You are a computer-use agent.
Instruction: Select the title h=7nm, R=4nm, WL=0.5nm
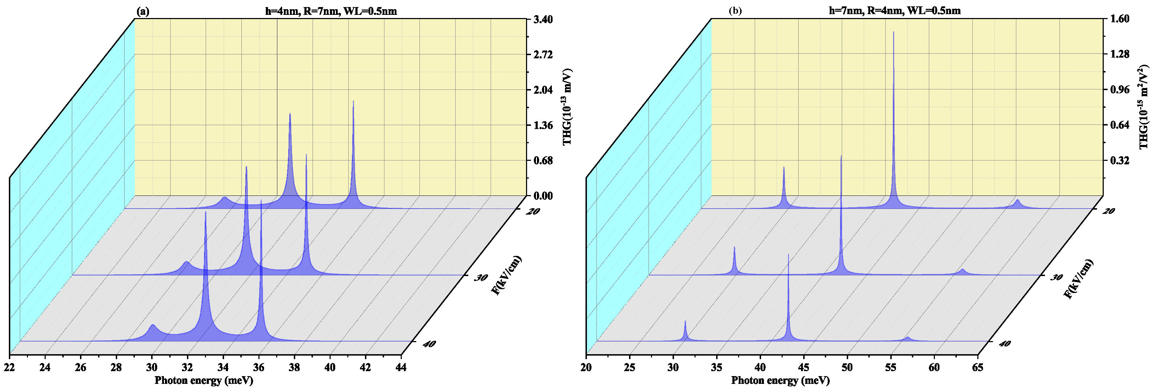pos(894,11)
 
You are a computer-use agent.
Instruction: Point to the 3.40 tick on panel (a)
pos(543,19)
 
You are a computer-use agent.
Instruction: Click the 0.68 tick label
pos(543,160)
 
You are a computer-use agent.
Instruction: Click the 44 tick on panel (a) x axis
pos(401,367)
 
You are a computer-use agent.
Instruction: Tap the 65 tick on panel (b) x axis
pos(977,367)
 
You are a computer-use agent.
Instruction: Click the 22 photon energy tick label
pos(10,367)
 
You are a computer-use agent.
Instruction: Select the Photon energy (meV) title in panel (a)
pos(204,381)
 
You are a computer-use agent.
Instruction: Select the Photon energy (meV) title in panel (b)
pos(781,381)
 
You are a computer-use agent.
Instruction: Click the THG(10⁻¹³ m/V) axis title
pos(567,106)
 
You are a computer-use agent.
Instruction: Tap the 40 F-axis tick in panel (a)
pos(428,344)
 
